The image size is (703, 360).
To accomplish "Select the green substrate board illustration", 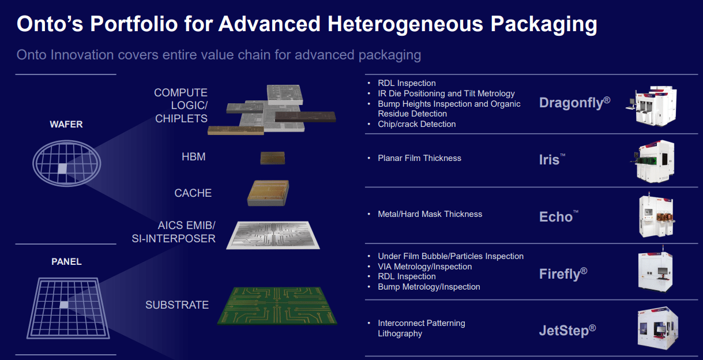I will (x=277, y=305).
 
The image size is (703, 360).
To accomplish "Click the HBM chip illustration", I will (x=272, y=158).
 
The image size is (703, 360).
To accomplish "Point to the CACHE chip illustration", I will (x=268, y=193).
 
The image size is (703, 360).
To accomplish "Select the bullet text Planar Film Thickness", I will (x=419, y=158).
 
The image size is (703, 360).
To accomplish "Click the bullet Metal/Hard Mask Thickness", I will (x=430, y=214).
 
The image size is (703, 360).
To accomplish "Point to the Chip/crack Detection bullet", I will (x=416, y=124).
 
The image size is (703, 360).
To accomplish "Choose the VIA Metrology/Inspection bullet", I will (x=424, y=267).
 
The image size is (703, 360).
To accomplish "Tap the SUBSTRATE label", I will (x=177, y=305).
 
